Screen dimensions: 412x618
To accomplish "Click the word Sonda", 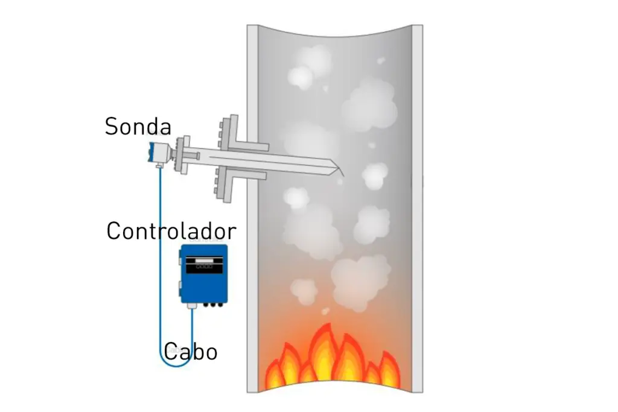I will pyautogui.click(x=138, y=127).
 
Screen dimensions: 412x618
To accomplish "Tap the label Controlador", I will pyautogui.click(x=171, y=231).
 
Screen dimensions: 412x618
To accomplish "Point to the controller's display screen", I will pyautogui.click(x=204, y=263).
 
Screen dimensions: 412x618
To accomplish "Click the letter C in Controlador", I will pyautogui.click(x=115, y=231).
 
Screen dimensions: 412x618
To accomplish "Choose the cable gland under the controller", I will pyautogui.click(x=193, y=307).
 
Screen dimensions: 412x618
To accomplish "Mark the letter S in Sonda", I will pyautogui.click(x=112, y=127).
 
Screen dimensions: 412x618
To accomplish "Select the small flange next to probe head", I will pyautogui.click(x=179, y=156).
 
